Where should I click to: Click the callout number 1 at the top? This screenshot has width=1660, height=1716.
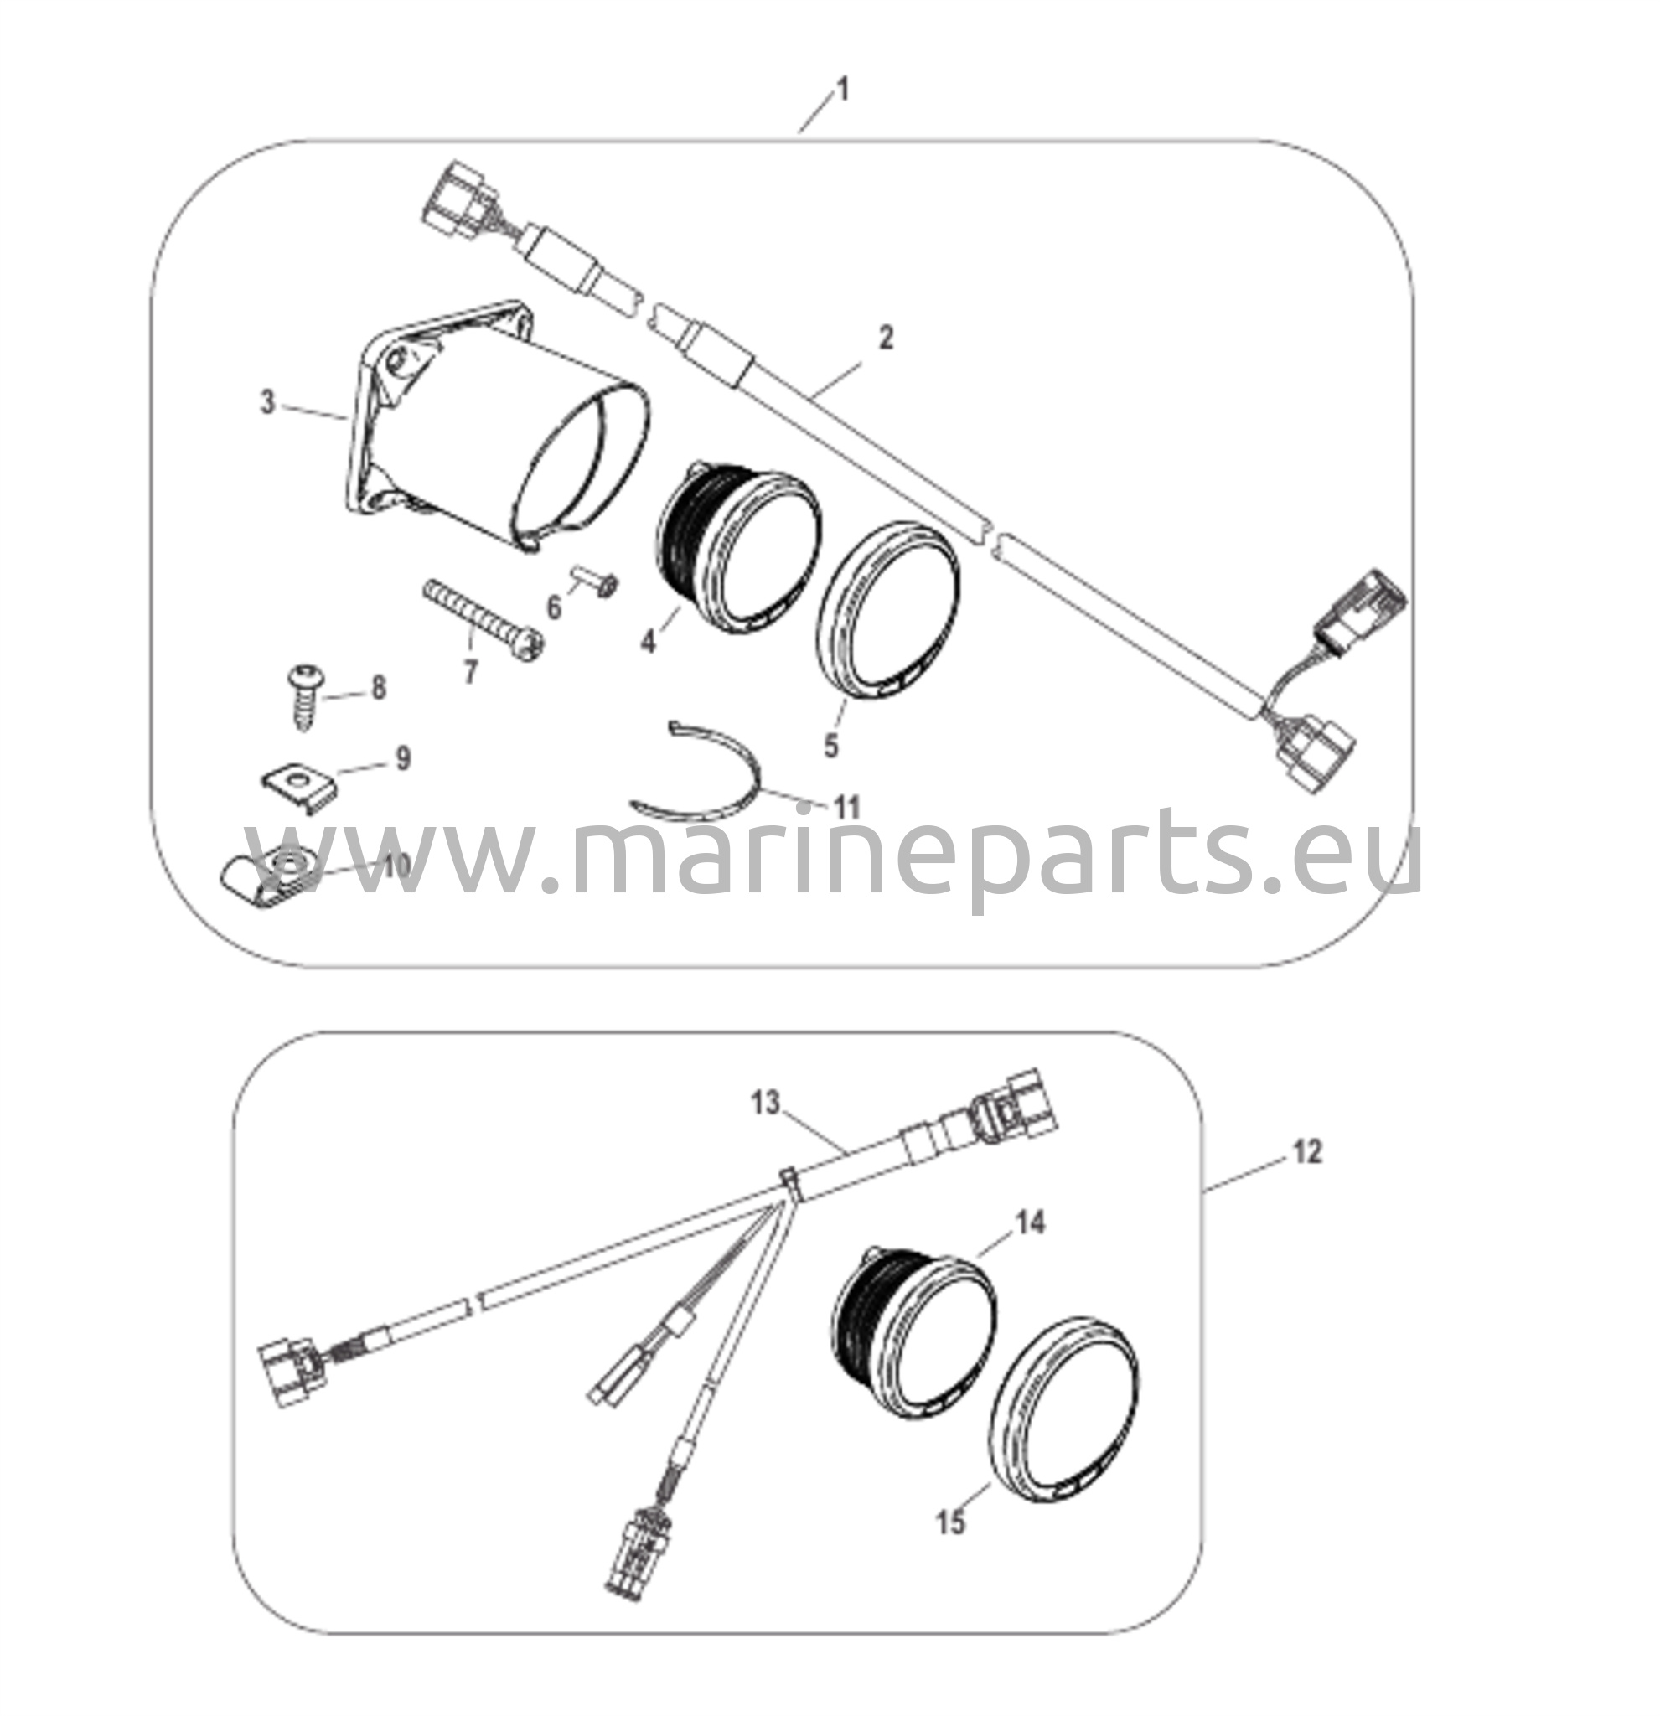coord(842,90)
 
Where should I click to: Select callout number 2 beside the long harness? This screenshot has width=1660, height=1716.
coord(886,337)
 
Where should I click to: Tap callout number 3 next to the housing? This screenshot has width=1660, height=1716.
coord(268,403)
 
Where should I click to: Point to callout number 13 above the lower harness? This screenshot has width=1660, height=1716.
coord(765,1104)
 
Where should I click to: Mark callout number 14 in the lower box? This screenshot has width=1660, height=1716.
coord(1031,1222)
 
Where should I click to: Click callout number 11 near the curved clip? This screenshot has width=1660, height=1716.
coord(846,807)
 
